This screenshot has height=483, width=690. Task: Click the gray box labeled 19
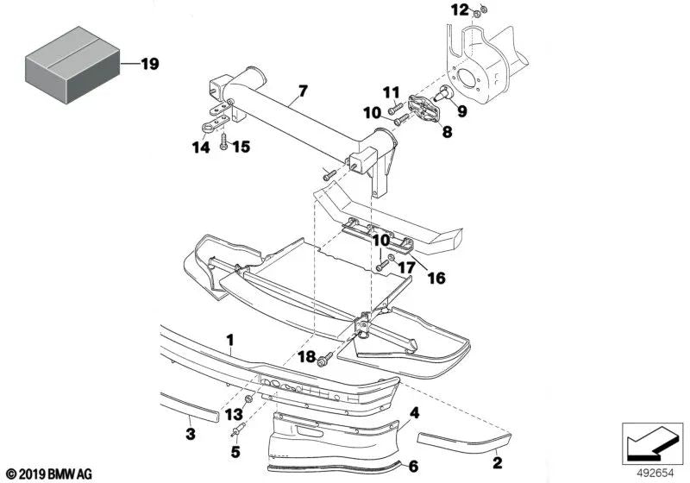coord(69,63)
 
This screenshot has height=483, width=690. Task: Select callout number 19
coord(149,64)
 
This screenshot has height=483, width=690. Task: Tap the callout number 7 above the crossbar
coord(303,90)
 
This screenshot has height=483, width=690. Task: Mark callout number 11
coord(391,92)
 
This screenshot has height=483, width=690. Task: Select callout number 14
coord(200,147)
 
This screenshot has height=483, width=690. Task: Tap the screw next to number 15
coord(223,141)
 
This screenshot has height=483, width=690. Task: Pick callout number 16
coord(436,279)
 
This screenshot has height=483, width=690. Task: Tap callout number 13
coord(233,414)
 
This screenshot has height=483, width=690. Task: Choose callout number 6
coord(413,467)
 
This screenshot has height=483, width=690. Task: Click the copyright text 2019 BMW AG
coord(53,474)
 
